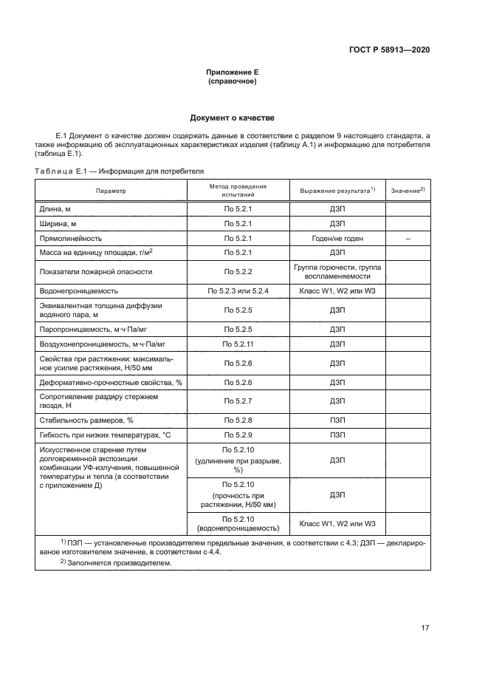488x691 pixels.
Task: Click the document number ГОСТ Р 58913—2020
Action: pos(389,50)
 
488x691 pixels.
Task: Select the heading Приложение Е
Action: pos(233,72)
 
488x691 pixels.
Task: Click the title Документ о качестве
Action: pos(233,118)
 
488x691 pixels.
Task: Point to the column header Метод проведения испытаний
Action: pos(238,191)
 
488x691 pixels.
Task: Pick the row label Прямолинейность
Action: pos(70,239)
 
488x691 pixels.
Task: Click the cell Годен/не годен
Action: pos(338,239)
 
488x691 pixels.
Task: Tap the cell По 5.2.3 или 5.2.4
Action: pos(238,291)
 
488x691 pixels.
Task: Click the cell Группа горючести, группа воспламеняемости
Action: pos(338,271)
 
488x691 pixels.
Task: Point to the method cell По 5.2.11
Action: pos(238,344)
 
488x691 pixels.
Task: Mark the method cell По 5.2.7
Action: pos(238,401)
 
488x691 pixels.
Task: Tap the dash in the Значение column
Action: pos(408,239)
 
